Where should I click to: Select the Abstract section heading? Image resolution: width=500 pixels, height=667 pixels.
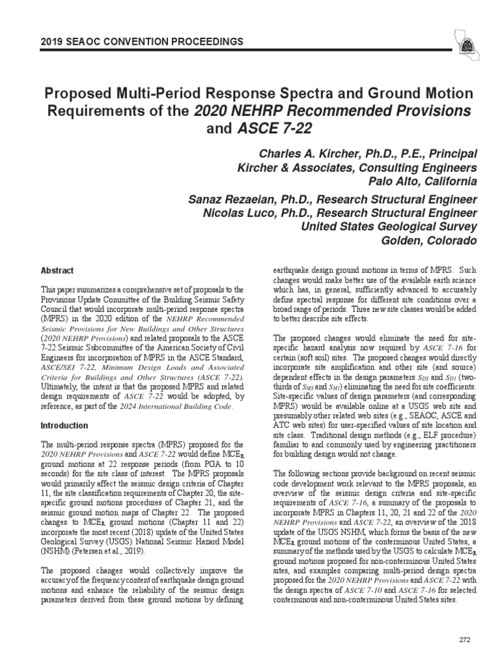pos(57,271)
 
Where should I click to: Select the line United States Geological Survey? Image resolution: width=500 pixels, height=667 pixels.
pos(387,227)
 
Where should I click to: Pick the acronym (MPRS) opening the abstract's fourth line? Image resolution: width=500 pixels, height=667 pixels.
pos(56,320)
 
